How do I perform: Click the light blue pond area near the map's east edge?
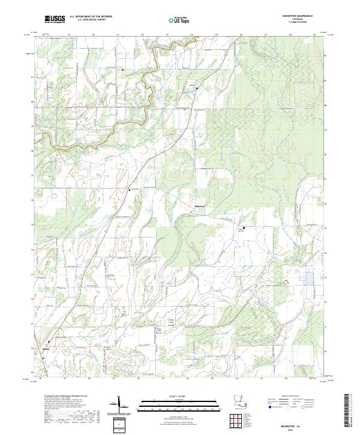coord(310,277)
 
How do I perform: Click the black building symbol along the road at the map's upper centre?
coord(196,88)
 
